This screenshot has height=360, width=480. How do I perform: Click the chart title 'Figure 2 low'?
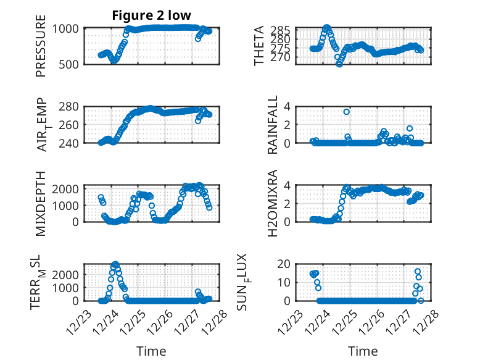tap(151, 15)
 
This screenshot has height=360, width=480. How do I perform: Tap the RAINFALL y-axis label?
tap(272, 125)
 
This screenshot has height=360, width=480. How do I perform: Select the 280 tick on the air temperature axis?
tap(72, 107)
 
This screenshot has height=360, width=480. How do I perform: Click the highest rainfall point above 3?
tap(347, 112)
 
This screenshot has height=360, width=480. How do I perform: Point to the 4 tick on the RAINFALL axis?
tap(287, 107)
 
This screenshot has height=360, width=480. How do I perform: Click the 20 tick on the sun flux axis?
tap(284, 265)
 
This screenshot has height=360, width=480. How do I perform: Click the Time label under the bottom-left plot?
tap(151, 351)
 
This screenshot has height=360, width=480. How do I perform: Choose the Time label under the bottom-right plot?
tap(363, 351)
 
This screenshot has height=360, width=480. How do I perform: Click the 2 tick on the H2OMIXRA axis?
tap(287, 203)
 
